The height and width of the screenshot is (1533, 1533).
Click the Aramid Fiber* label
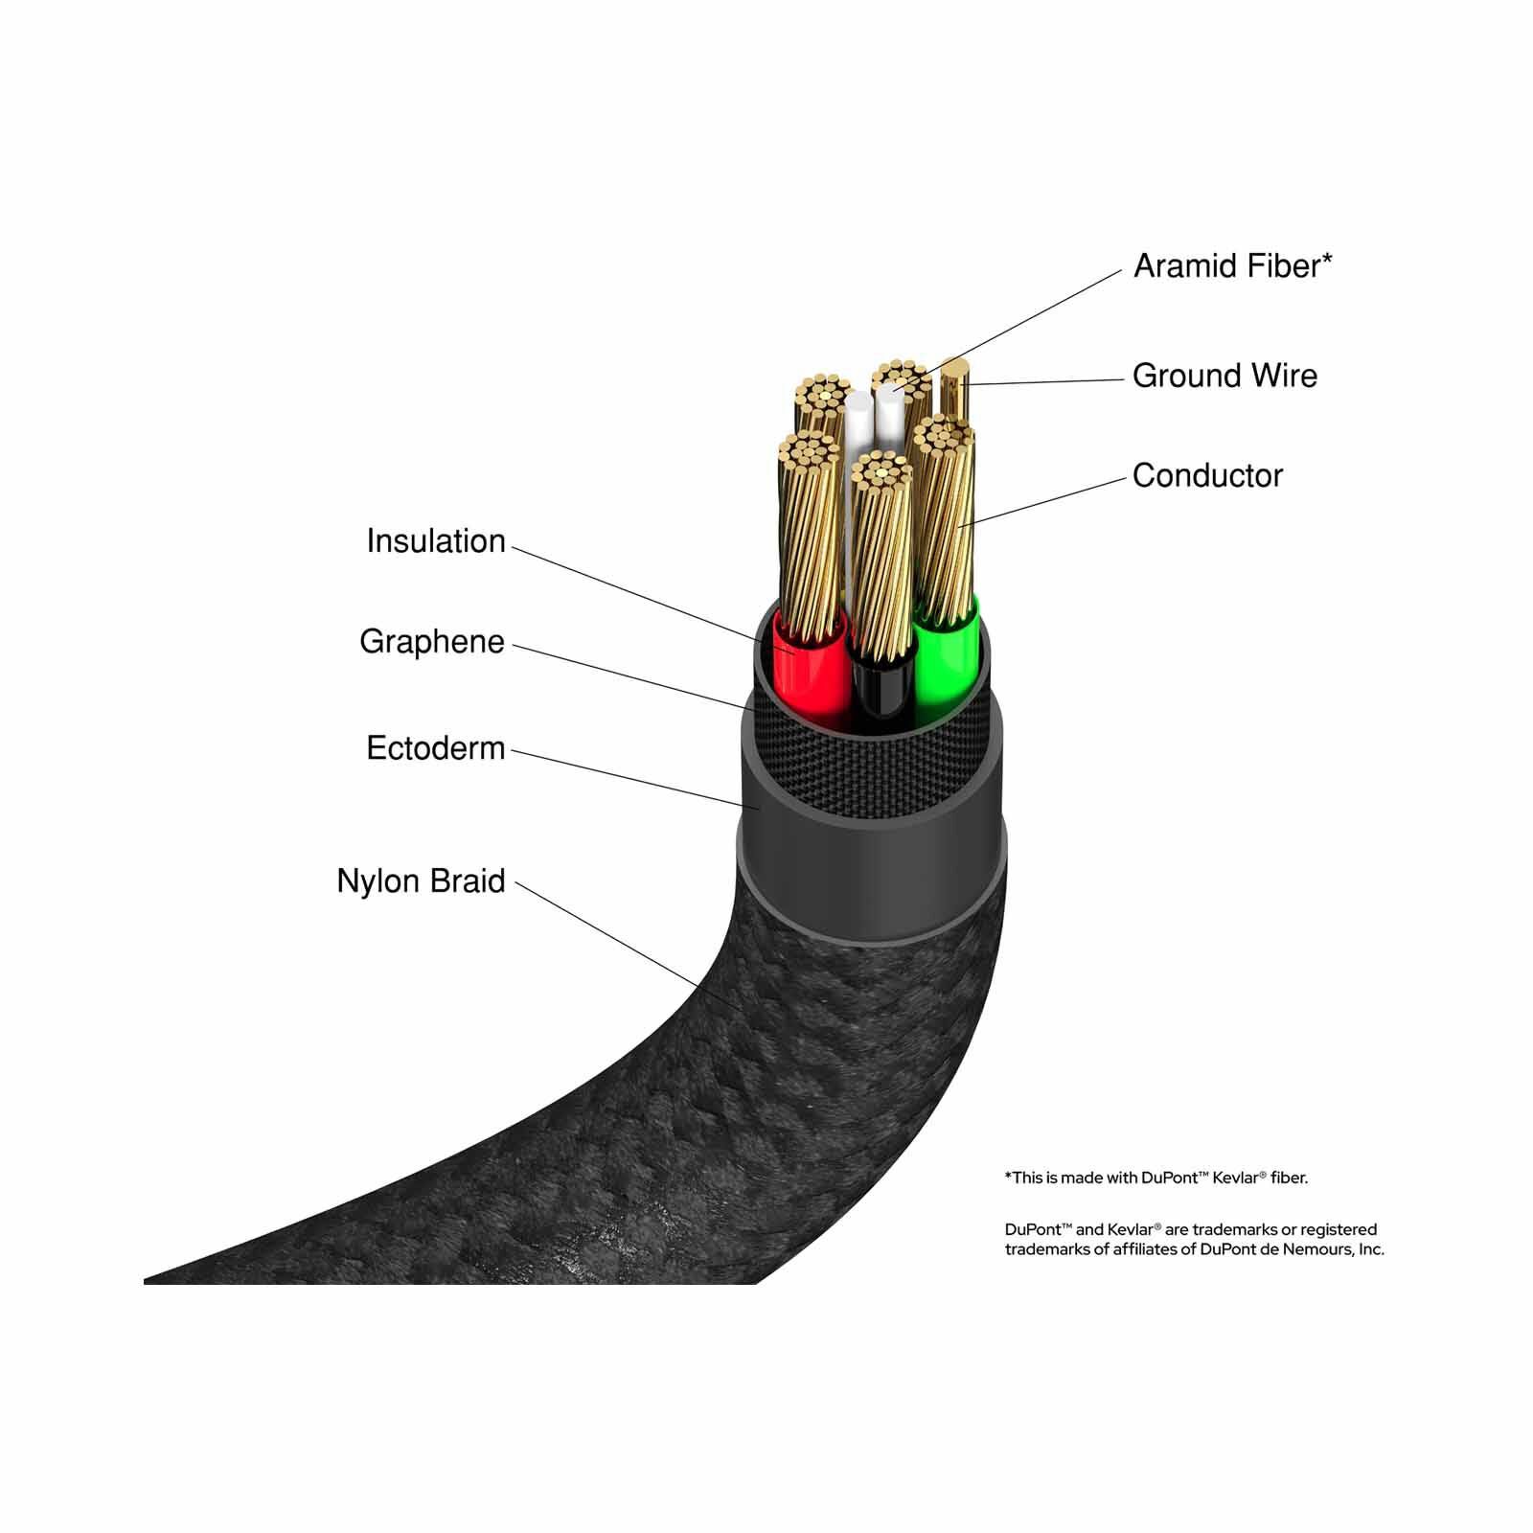coord(1232,266)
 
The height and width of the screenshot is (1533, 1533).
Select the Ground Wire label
coord(1224,376)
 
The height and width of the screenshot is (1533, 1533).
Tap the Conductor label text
coord(1207,475)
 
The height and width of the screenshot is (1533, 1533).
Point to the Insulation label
coord(436,541)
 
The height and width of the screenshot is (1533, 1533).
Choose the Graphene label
coord(432,642)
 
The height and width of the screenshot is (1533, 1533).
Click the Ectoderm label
coord(436,748)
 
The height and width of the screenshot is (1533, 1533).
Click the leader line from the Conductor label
coord(1043,500)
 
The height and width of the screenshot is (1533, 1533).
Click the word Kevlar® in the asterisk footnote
coord(1233,1178)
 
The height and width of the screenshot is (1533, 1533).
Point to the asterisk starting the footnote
coord(1008,1175)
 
